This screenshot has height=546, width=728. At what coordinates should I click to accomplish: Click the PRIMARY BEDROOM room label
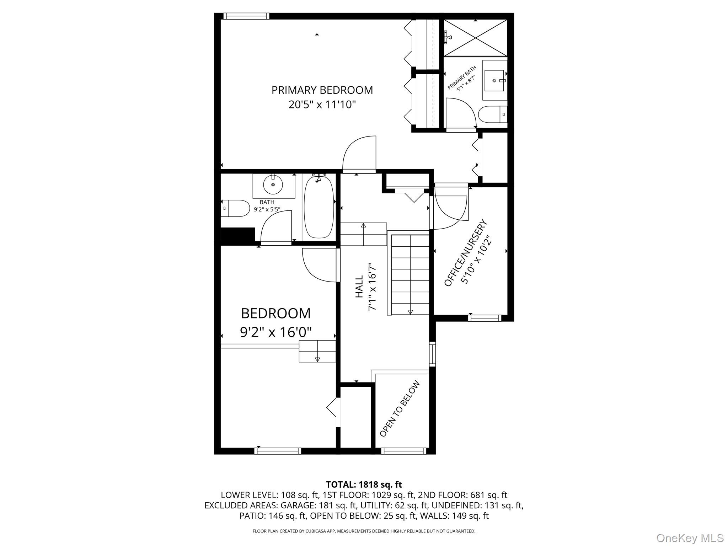[322, 90]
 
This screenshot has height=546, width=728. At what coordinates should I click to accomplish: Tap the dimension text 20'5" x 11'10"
[322, 105]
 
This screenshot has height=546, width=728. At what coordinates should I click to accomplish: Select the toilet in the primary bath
[492, 114]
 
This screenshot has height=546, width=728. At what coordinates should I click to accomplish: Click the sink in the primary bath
[495, 80]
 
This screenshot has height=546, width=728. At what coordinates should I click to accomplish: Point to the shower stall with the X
[476, 38]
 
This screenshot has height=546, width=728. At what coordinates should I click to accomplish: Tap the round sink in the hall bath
[273, 185]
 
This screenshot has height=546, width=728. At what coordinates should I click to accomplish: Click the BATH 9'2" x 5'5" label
[267, 206]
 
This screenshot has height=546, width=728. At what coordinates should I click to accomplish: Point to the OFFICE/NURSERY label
[466, 253]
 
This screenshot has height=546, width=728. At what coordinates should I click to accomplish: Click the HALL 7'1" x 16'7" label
[365, 287]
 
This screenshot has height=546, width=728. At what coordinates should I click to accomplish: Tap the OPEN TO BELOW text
[400, 409]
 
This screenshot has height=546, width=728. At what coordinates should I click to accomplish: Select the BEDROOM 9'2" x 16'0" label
[276, 322]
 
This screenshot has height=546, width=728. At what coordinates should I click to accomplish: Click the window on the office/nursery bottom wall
[485, 318]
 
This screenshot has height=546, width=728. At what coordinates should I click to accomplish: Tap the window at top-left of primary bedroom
[246, 16]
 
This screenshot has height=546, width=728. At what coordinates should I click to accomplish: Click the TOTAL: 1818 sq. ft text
[364, 485]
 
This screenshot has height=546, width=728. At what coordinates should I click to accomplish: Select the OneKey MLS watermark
[690, 538]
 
